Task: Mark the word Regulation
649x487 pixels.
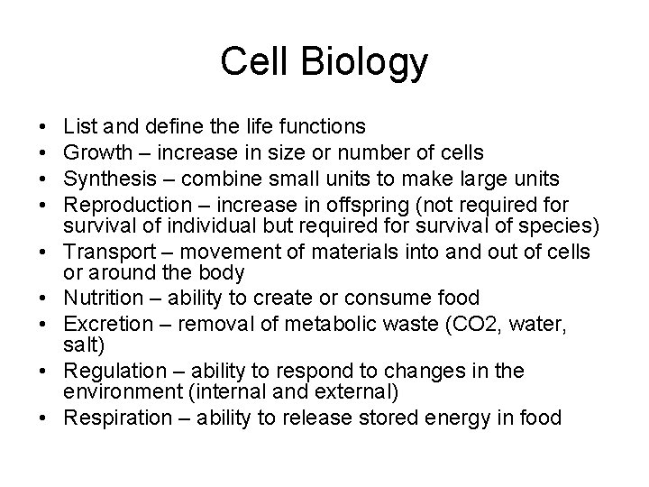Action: point(105,371)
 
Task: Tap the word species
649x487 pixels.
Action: point(535,222)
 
